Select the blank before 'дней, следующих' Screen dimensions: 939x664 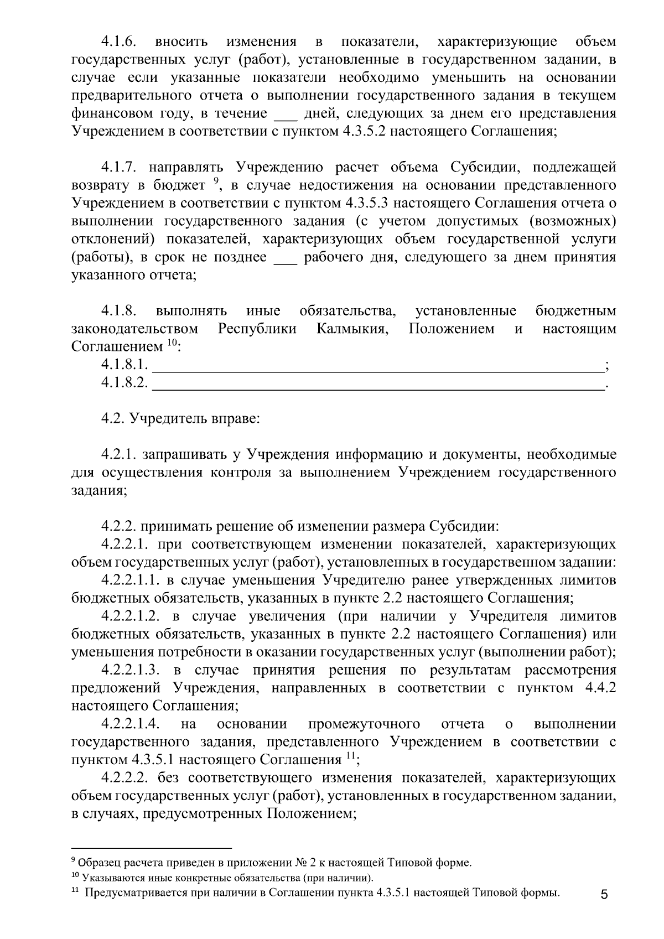(x=286, y=114)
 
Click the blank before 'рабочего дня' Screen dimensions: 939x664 (x=286, y=258)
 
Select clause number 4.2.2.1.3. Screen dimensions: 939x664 (x=131, y=670)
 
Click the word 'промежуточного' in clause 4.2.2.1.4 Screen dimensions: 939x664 (x=364, y=724)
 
